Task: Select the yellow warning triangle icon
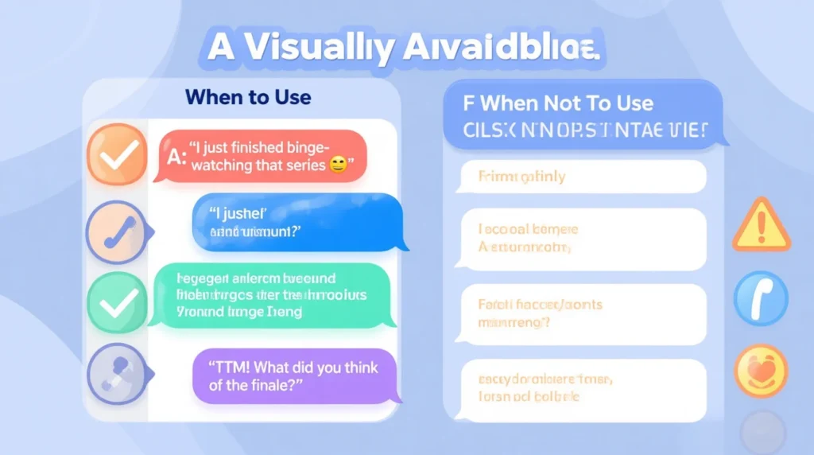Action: (x=761, y=225)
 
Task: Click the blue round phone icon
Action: (x=761, y=299)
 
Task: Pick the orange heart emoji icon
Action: (x=761, y=371)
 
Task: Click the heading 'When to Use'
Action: (x=248, y=98)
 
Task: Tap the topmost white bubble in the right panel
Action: (x=580, y=177)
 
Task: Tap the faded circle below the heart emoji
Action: (x=762, y=432)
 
